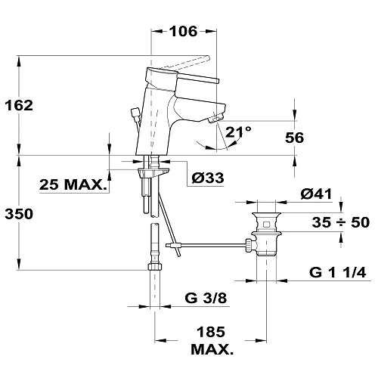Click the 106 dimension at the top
pos(183,31)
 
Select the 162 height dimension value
pos(19,105)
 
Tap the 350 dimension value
pos(19,214)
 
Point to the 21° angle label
pos(238,132)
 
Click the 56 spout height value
pos(294,138)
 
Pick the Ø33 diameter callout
pos(208,178)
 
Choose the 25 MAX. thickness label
pos(73,184)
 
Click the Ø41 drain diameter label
pos(316,194)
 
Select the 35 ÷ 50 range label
pos(341,222)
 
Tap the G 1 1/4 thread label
pos(338,272)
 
